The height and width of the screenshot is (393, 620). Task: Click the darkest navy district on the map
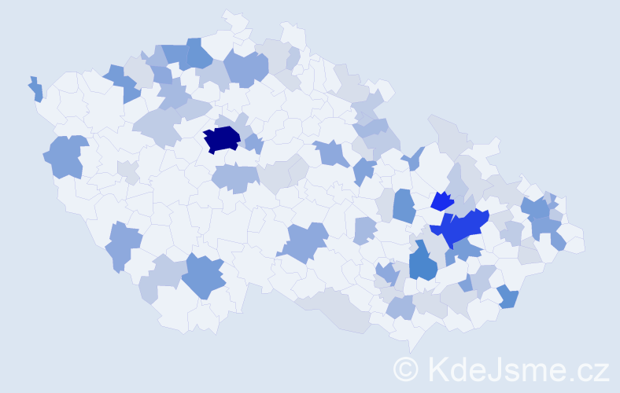(221, 139)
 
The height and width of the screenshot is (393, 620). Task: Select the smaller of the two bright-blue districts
(443, 201)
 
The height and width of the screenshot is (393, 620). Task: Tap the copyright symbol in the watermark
(407, 369)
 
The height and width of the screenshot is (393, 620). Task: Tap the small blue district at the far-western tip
(35, 89)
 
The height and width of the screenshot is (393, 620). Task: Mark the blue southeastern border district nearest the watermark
(508, 296)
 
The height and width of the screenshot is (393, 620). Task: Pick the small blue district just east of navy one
(254, 144)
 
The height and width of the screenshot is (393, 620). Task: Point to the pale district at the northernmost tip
(234, 19)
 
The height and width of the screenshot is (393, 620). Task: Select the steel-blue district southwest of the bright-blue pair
(423, 262)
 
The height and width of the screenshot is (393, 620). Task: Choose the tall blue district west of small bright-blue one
(404, 206)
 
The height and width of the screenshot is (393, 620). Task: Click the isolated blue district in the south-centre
(303, 241)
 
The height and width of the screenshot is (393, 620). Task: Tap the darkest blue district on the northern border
(198, 53)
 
